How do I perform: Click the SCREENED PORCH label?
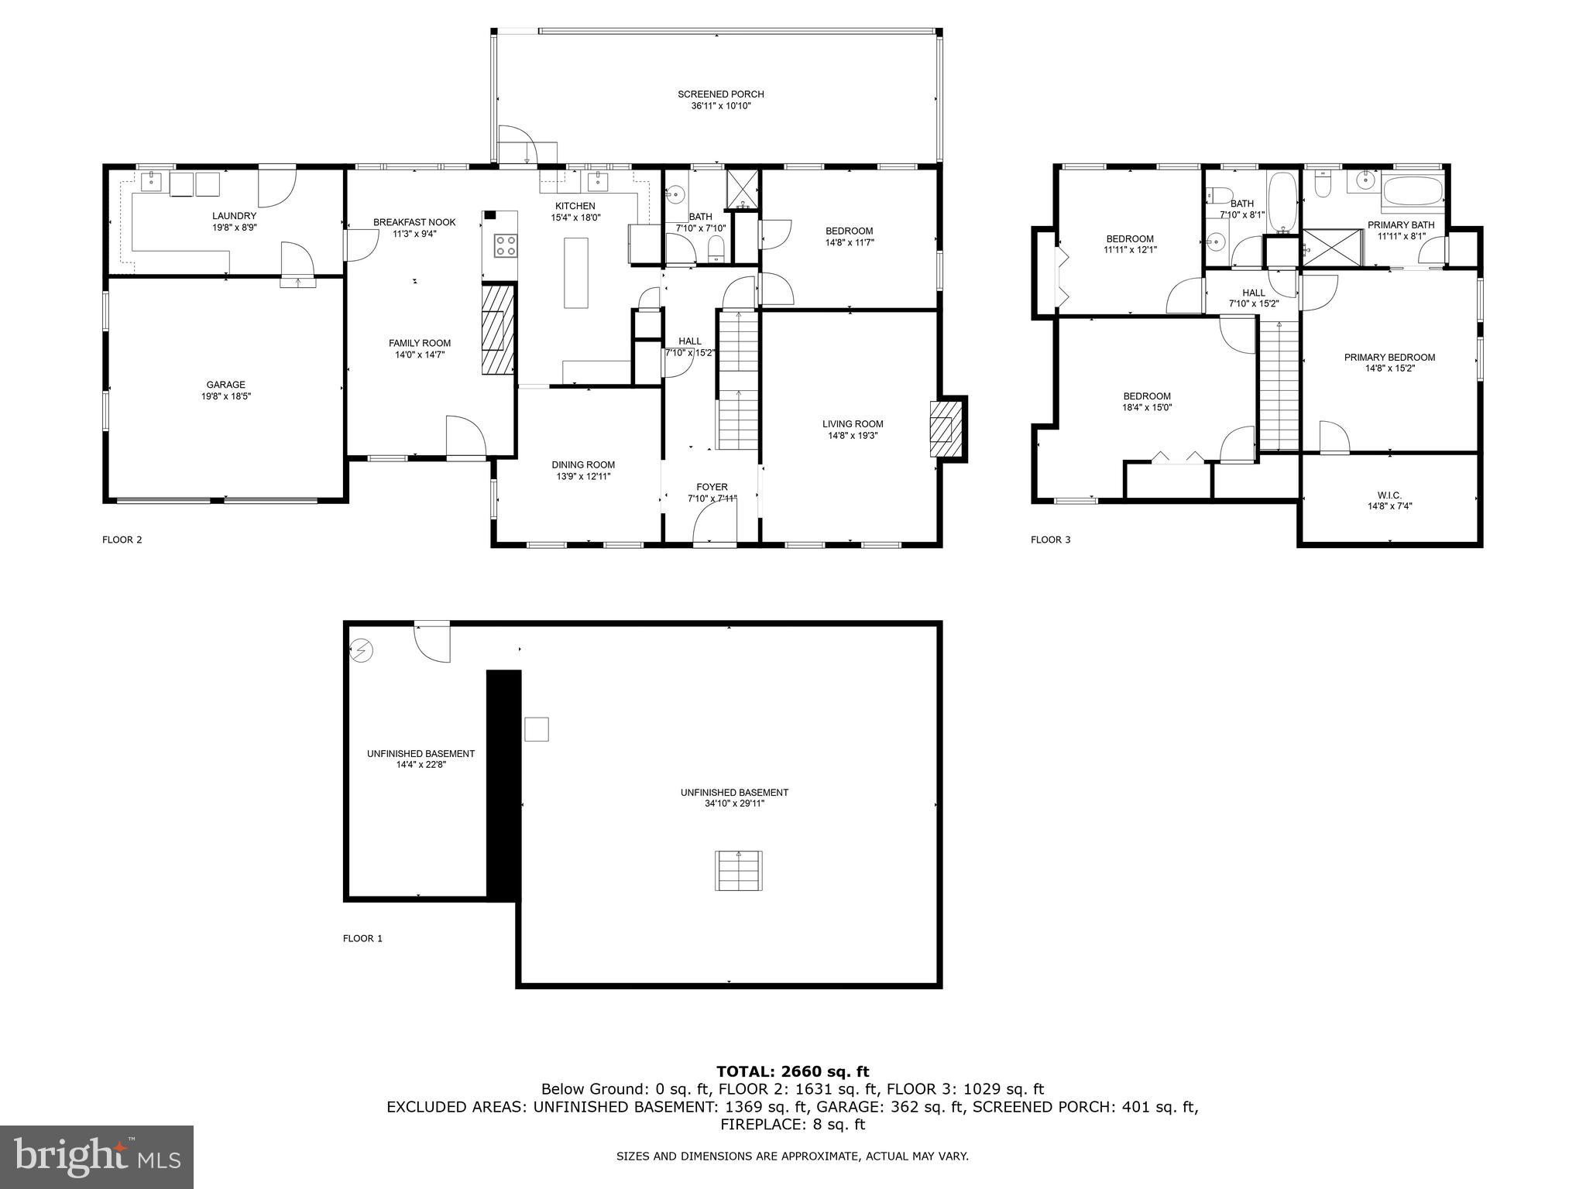coord(720,94)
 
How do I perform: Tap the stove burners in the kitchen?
coord(506,246)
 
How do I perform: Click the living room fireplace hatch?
coord(942,429)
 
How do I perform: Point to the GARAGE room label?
coord(225,385)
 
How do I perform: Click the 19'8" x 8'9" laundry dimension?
coord(234,228)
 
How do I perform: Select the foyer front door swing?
coord(714,520)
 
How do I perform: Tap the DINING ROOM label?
coord(583,465)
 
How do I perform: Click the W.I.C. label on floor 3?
coord(1389,495)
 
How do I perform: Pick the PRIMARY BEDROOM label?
coord(1389,358)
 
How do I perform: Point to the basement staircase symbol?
coord(738,870)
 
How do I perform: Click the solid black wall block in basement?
coord(503,785)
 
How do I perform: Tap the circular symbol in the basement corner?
coord(360,651)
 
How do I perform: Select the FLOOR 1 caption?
coord(362,938)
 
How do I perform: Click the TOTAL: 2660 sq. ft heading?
coord(792,1071)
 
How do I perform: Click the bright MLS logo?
coord(97,1157)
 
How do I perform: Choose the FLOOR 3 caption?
coord(1050,540)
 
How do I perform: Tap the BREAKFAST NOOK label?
coord(414,222)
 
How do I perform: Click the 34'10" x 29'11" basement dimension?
coord(734,804)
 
